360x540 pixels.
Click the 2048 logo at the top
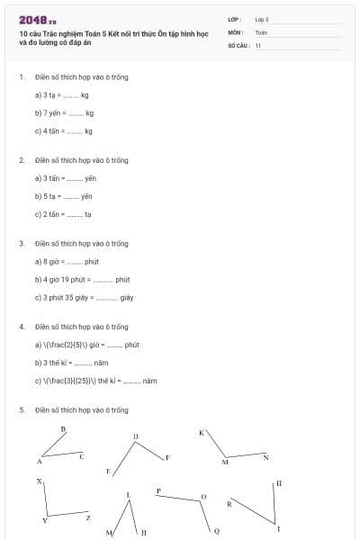37,20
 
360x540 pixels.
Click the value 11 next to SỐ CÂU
258,45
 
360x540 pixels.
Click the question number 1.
22,77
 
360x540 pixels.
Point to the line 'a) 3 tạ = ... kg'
62,94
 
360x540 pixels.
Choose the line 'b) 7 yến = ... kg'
64,112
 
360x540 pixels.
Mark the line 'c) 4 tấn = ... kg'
64,130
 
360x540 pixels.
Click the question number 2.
22,160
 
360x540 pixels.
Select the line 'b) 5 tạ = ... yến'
64,196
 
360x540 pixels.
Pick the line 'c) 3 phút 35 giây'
84,297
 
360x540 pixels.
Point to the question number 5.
22,410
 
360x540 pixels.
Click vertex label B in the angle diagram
63,429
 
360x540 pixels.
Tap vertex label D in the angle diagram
136,436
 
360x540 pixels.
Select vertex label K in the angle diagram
202,433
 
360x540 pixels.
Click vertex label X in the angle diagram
39,482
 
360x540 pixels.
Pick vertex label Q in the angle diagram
216,531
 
